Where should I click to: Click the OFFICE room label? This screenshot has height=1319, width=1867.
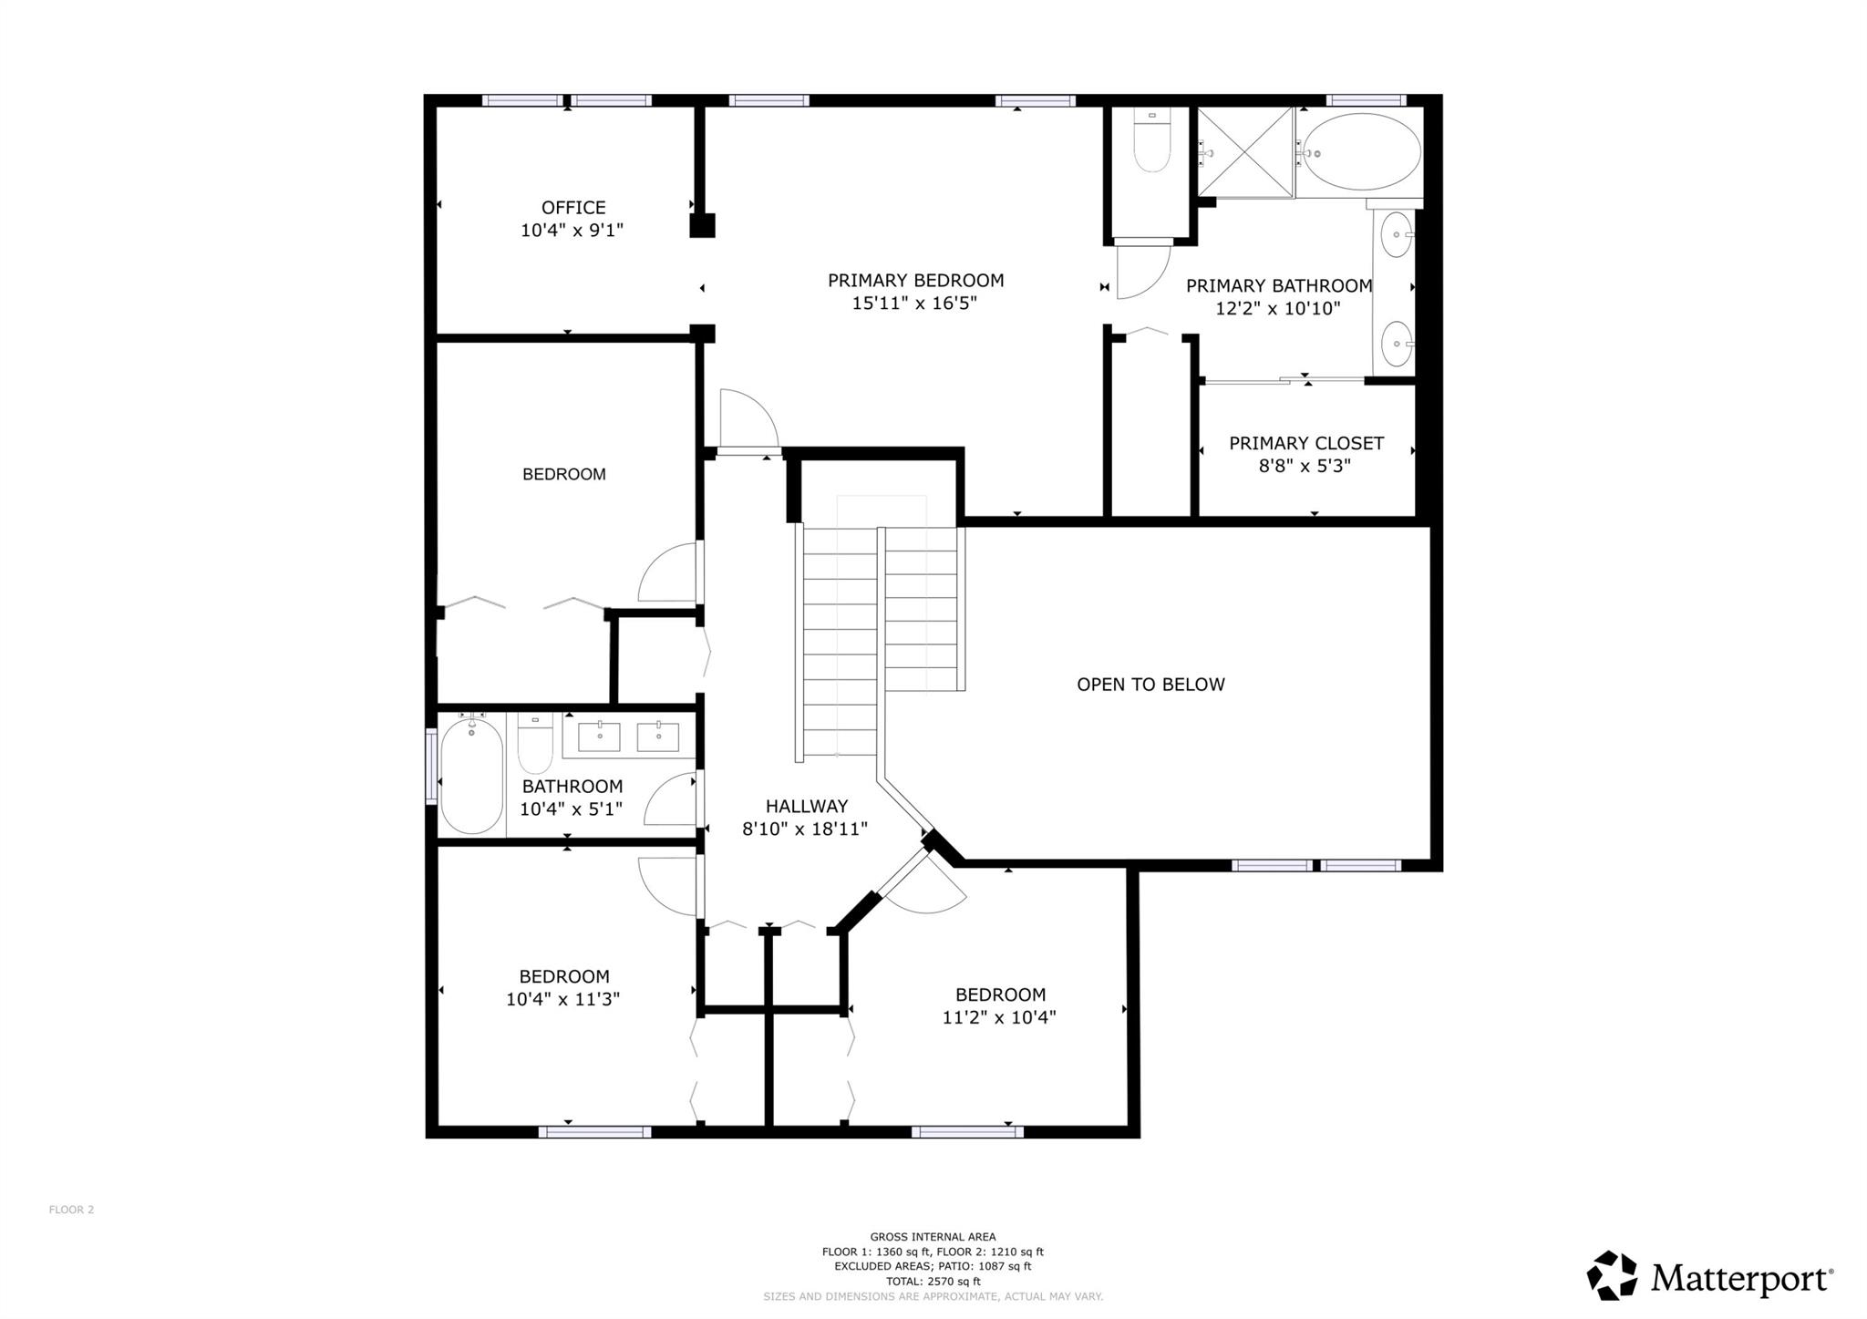(x=572, y=208)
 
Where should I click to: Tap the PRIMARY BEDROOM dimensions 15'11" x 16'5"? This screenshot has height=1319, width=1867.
(x=914, y=303)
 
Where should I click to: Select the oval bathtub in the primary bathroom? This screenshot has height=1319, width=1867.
(x=1361, y=152)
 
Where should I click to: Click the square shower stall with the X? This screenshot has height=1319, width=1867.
(x=1244, y=152)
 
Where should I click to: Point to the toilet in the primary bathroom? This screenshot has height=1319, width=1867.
(x=1151, y=146)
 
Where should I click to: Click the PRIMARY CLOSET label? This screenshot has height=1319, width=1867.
(x=1305, y=444)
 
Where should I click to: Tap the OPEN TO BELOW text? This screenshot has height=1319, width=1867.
(x=1150, y=685)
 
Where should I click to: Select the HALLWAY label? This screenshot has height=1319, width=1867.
(x=806, y=806)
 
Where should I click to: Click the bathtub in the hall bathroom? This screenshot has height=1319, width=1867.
(x=471, y=775)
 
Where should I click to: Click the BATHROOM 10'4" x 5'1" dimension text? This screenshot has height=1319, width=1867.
(x=572, y=809)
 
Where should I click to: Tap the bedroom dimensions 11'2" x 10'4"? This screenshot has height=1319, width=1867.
(x=999, y=1017)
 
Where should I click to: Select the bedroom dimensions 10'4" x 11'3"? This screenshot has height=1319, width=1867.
(x=563, y=999)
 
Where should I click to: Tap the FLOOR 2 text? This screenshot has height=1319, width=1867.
(x=71, y=1210)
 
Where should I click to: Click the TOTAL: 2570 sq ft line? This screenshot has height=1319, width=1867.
(x=933, y=1281)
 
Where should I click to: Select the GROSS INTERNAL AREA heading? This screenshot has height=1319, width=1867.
(x=933, y=1237)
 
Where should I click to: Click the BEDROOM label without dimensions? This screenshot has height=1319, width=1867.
(x=563, y=474)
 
